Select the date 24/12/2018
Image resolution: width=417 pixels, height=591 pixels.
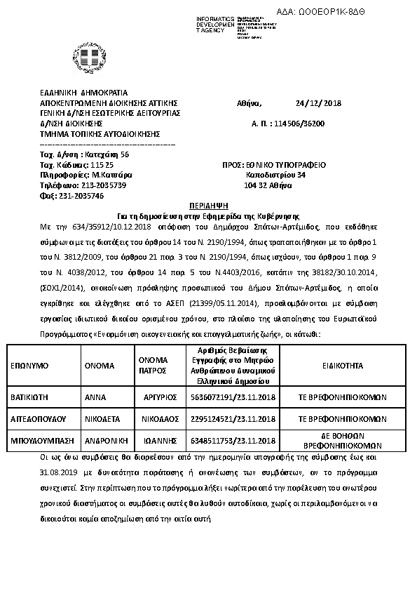(318, 104)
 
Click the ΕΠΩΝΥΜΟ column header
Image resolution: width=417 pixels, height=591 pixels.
(29, 366)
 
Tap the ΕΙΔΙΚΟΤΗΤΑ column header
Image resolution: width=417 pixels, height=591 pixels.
(343, 366)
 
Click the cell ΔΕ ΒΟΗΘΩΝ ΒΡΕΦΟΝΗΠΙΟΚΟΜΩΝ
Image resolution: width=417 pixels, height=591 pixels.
(343, 441)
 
